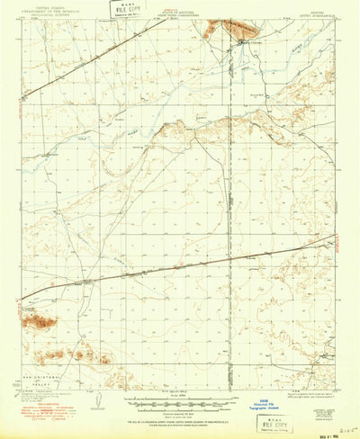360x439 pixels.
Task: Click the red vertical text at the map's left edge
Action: coord(16,99)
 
